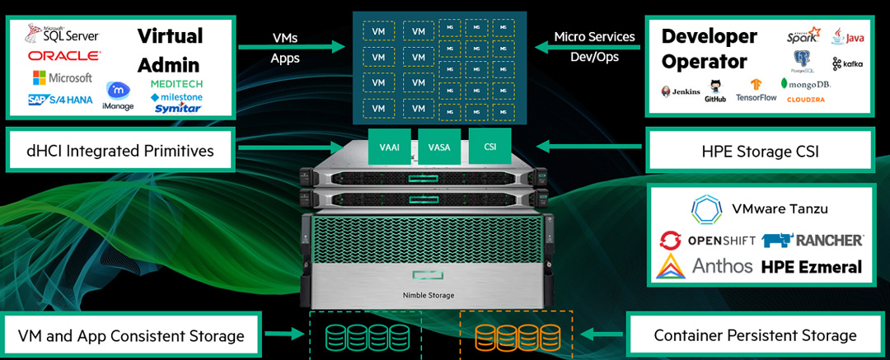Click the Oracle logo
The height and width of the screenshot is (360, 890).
pyautogui.click(x=63, y=56)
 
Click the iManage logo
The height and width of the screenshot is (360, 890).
pyautogui.click(x=119, y=96)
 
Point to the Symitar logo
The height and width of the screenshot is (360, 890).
pyautogui.click(x=177, y=108)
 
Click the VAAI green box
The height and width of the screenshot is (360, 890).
pyautogui.click(x=390, y=147)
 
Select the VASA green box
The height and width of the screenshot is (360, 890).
pyautogui.click(x=439, y=147)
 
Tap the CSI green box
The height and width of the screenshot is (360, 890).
pyautogui.click(x=489, y=147)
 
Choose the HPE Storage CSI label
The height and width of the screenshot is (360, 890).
pyautogui.click(x=761, y=150)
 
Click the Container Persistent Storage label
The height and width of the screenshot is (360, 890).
pyautogui.click(x=755, y=335)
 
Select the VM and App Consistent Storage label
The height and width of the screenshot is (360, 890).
pyautogui.click(x=131, y=335)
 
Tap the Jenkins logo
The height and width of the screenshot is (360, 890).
pyautogui.click(x=680, y=91)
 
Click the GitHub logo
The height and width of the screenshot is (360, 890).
pyautogui.click(x=715, y=90)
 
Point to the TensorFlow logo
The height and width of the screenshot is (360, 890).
pyautogui.click(x=756, y=90)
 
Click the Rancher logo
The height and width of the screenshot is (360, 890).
pyautogui.click(x=813, y=240)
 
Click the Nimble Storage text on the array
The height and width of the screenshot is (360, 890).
pyautogui.click(x=429, y=295)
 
